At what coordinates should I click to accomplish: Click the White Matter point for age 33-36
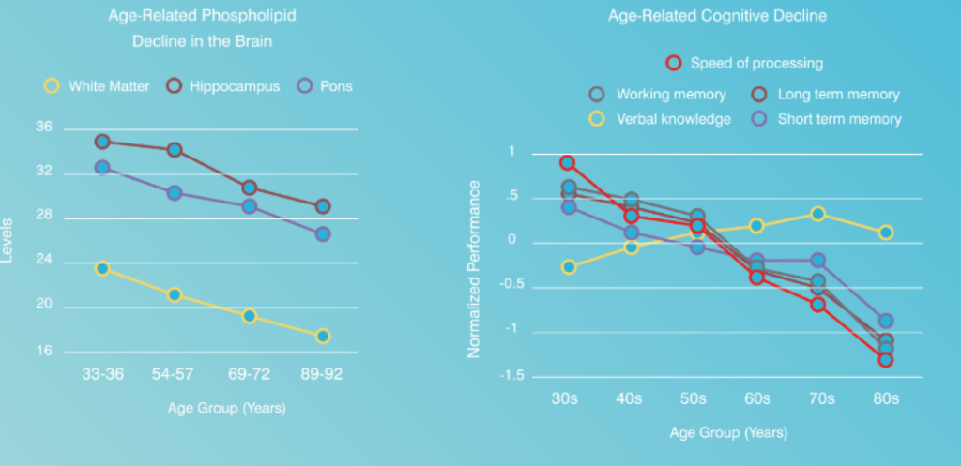tap(102, 268)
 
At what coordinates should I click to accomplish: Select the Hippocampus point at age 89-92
tap(322, 206)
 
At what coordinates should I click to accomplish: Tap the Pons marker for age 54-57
tap(175, 193)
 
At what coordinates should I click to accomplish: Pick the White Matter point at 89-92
tap(322, 336)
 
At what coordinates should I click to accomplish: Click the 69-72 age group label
tap(249, 374)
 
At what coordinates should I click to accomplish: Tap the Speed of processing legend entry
tap(745, 64)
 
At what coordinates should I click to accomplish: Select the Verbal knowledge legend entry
tap(661, 119)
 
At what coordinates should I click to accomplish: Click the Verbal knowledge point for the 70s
tap(817, 214)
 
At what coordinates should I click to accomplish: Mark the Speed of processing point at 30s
tap(567, 162)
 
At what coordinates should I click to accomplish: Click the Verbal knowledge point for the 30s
tap(567, 267)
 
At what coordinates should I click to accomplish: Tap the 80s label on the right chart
tap(885, 398)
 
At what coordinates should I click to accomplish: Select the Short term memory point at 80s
tap(885, 321)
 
